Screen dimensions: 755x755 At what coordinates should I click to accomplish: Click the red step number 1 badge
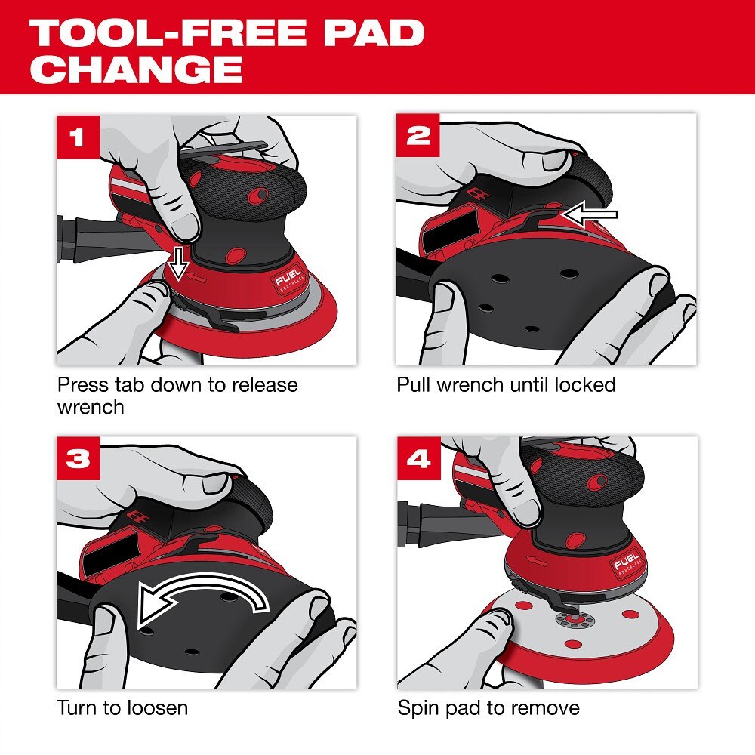coord(78,137)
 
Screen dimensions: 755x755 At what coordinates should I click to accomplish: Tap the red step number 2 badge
coord(418,136)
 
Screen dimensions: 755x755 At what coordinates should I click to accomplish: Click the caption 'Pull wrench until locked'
coord(506,385)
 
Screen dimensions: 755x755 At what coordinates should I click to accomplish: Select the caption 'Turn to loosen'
coord(122,707)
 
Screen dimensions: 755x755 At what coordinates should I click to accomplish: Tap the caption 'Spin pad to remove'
coord(488,707)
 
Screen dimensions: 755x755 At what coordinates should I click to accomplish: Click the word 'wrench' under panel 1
coord(91,408)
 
